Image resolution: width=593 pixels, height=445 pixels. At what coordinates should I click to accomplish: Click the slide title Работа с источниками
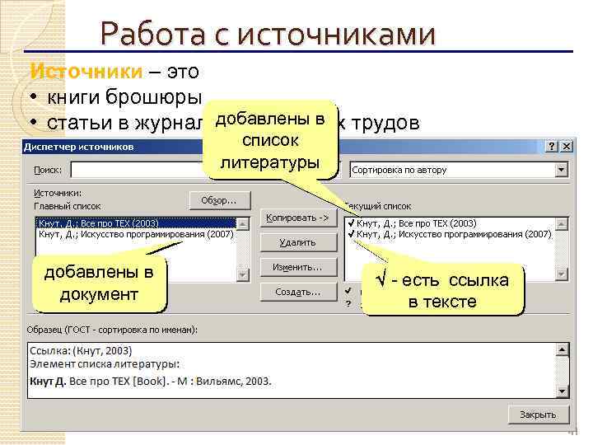coord(267,35)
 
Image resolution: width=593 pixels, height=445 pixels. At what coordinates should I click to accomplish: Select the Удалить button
coord(297,242)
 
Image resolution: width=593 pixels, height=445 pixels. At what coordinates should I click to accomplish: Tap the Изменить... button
coord(297,267)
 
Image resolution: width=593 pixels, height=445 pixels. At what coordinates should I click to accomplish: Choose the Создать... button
coord(297,292)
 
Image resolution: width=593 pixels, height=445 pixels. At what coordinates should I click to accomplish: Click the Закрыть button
coord(537,415)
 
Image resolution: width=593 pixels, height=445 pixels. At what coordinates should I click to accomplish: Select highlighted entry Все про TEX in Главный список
coord(99,223)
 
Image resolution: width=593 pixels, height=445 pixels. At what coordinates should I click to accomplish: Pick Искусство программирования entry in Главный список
coord(136,234)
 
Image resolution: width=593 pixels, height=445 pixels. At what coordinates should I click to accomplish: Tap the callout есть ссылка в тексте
coord(442,290)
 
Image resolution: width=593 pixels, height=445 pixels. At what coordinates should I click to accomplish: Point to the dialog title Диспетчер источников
coord(79,147)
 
